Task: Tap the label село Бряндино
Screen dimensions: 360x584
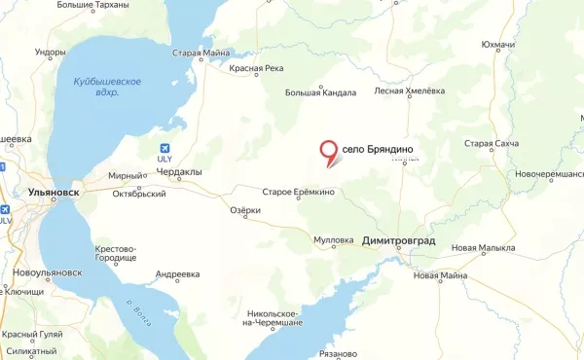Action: pos(379,149)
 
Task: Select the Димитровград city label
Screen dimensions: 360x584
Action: pos(398,239)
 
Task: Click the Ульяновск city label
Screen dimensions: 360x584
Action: pos(55,194)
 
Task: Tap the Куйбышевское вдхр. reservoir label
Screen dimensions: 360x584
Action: pos(109,87)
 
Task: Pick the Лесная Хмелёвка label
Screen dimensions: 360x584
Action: pos(410,91)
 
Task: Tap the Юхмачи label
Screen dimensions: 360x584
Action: pos(525,45)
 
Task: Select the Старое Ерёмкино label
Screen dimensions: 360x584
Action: pos(301,192)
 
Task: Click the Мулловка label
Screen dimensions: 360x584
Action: pos(334,239)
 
